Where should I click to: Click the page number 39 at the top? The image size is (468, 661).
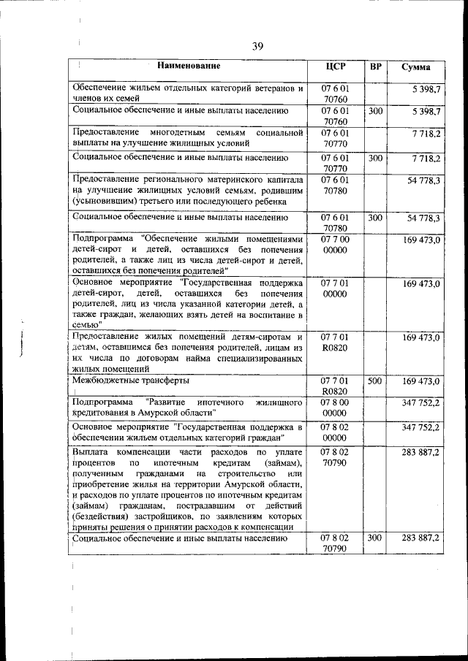257,46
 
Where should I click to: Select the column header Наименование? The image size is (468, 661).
189,66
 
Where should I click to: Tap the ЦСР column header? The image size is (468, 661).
335,66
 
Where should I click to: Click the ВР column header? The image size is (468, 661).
375,66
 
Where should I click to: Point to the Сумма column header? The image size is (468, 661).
416,67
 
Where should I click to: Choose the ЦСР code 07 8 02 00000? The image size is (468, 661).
335,432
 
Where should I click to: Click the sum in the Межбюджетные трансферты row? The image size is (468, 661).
420,381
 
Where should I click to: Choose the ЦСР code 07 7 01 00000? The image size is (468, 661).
335,288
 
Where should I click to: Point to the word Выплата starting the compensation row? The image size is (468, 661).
91,454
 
